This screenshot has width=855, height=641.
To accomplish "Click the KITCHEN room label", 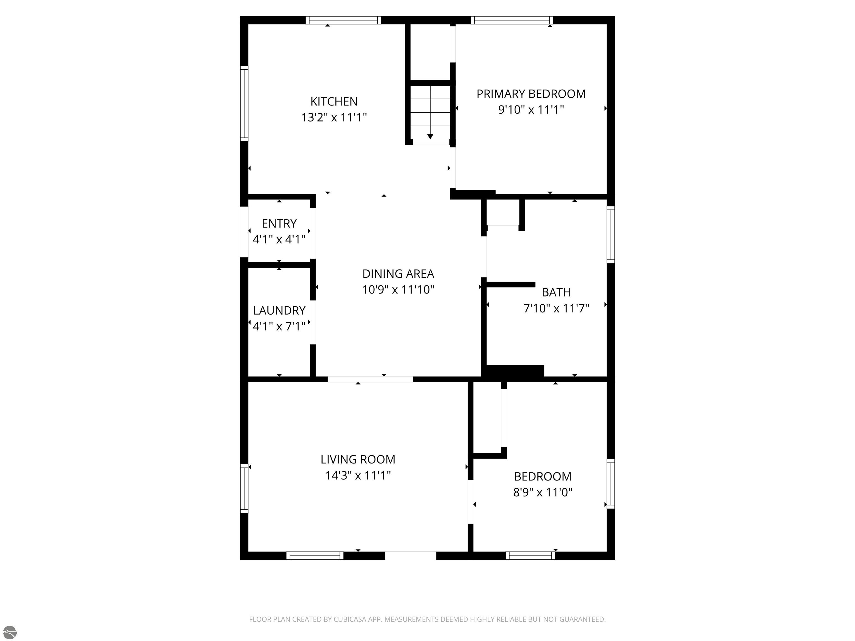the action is tap(334, 102).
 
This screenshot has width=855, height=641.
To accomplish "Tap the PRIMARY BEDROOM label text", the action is tap(531, 94).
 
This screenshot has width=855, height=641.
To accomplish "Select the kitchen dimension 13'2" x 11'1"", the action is tap(334, 117).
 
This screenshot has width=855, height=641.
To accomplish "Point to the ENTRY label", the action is tap(279, 224).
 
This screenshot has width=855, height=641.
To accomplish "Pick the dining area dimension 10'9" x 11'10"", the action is tap(398, 289).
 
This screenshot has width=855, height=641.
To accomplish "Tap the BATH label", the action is tap(556, 292).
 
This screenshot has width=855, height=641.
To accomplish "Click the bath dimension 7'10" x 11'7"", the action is tap(556, 308).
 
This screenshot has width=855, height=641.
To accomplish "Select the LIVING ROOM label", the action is tap(358, 459).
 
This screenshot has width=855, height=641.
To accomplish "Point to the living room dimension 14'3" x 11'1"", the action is tap(358, 475).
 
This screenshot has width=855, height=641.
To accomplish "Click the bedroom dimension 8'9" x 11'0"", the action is tap(543, 492).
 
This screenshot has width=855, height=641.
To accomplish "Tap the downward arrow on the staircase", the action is tap(430, 136).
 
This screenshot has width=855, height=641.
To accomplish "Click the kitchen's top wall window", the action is tap(343, 20).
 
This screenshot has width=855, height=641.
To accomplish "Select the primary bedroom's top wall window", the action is tap(512, 20).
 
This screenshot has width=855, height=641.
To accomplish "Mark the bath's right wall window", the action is tap(611, 235).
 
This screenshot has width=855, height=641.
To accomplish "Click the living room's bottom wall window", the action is tap(315, 556).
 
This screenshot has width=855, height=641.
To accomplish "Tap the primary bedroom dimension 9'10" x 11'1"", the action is tap(531, 110).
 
